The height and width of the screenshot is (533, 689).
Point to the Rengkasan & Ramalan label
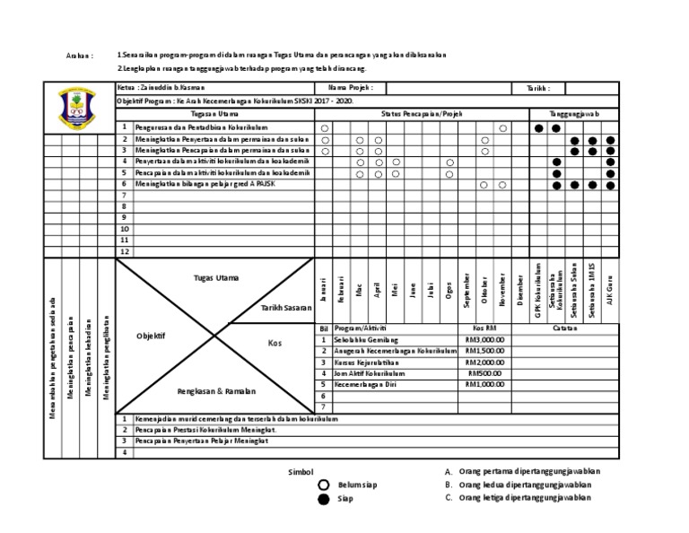pos(217,391)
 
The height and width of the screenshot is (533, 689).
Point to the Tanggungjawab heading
pos(574,114)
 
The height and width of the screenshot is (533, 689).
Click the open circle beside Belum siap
pos(324,485)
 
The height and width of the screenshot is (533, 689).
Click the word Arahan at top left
pos(80,56)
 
